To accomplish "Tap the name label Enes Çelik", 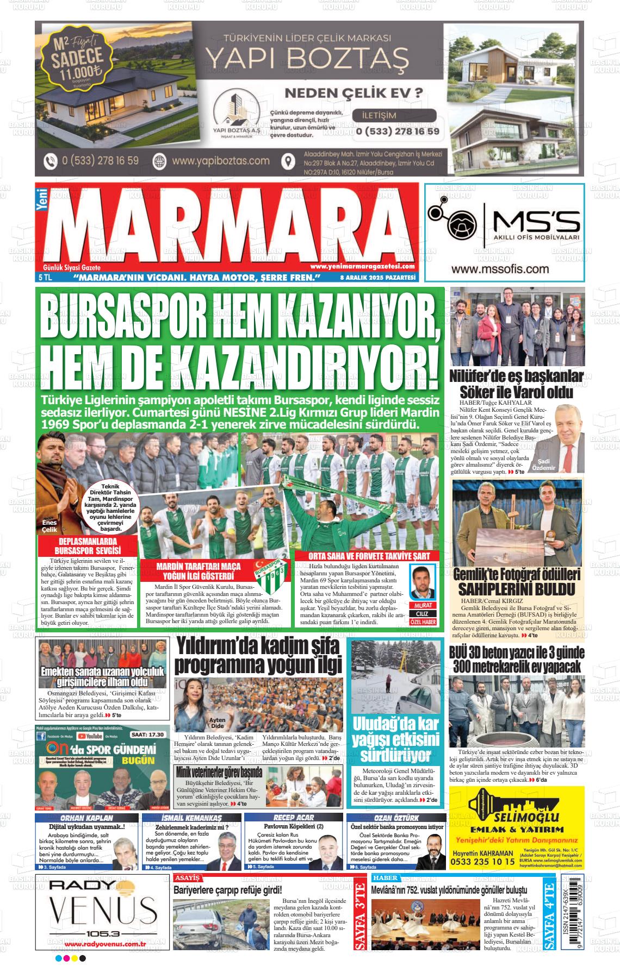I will coord(49,526).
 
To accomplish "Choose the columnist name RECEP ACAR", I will coord(293,818).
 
